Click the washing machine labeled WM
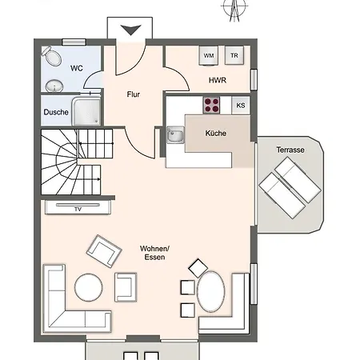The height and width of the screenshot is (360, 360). [x=209, y=55]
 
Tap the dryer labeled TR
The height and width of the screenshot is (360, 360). [x=234, y=55]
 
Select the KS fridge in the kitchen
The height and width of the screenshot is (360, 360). [x=241, y=106]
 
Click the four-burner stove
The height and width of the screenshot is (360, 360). [x=211, y=105]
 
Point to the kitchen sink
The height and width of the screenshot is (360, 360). [x=175, y=135]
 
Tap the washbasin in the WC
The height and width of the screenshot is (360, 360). [x=54, y=86]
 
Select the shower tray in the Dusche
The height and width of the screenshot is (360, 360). [x=86, y=111]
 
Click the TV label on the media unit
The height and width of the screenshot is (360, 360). [x=78, y=210]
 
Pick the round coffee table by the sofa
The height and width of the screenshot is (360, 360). [x=89, y=287]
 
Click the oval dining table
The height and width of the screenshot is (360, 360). [x=211, y=292]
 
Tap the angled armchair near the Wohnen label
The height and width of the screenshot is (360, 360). [x=104, y=251]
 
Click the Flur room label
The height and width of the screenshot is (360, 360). [x=134, y=94]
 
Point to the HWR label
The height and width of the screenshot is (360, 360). [x=218, y=80]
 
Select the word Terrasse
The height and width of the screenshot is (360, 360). [x=290, y=150]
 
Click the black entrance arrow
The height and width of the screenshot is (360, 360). [x=130, y=30]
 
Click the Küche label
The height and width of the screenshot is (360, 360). [x=216, y=133]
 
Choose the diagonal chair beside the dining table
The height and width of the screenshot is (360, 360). [x=198, y=268]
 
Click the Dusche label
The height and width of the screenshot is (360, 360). [x=56, y=112]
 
